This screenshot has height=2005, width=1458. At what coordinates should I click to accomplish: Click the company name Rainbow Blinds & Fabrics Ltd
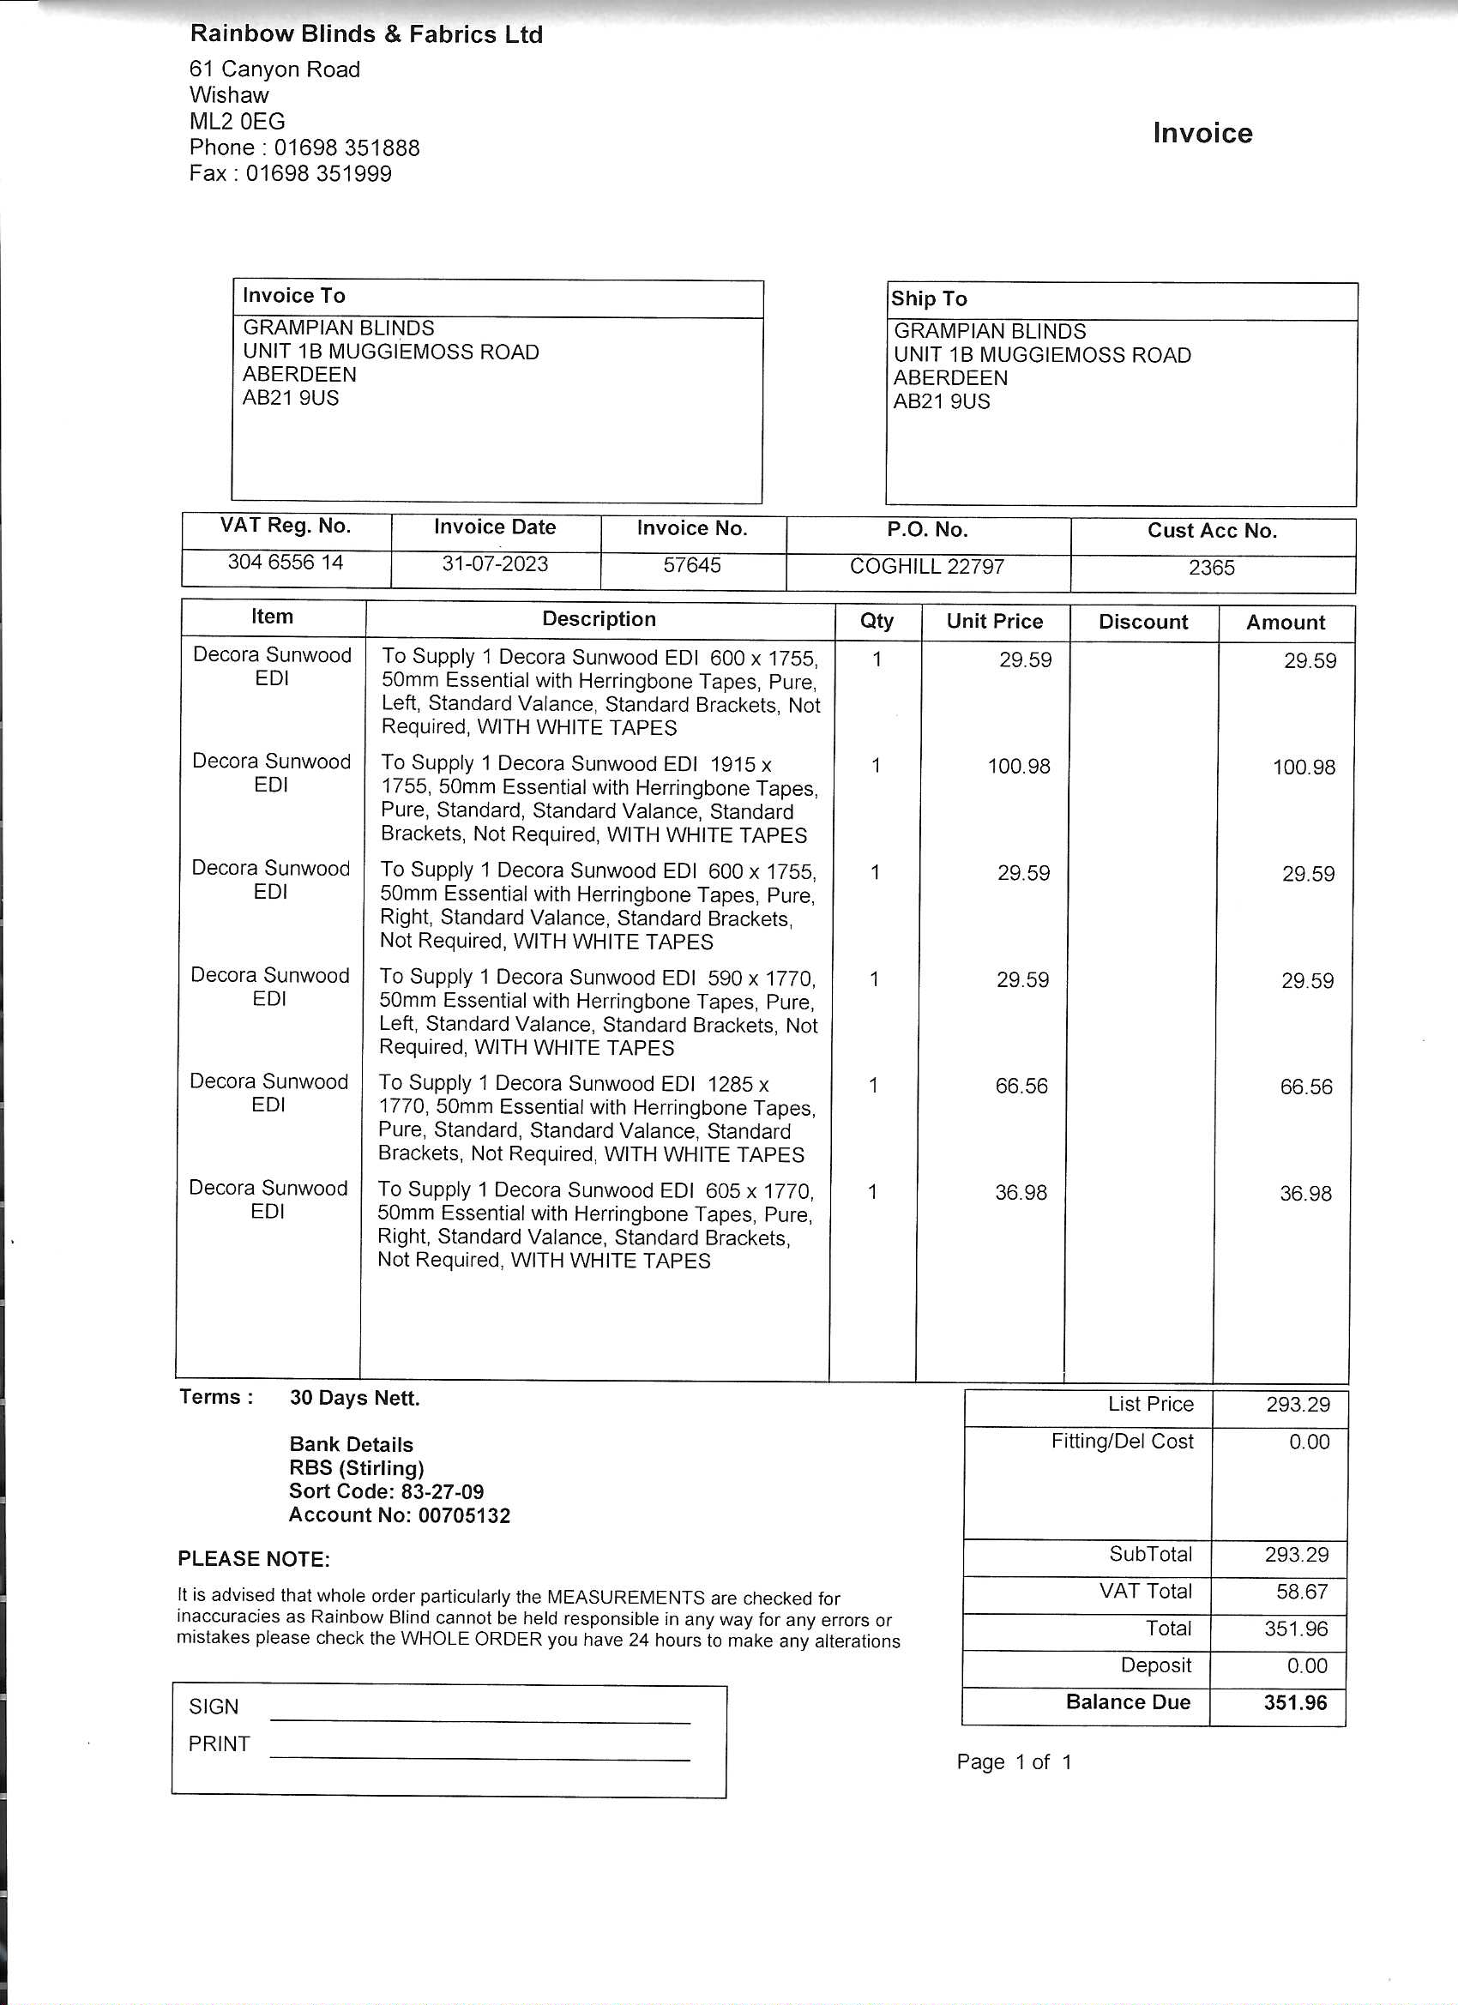pyautogui.click(x=366, y=34)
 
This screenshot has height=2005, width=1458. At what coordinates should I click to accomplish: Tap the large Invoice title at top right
pyautogui.click(x=1202, y=134)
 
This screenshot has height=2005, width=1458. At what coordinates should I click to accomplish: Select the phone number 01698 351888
pyautogui.click(x=346, y=148)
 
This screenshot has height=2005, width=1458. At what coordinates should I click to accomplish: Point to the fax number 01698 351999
pyautogui.click(x=318, y=173)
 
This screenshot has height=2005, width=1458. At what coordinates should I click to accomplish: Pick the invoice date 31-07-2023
pyautogui.click(x=495, y=564)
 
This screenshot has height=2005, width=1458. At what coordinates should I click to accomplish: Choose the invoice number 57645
pyautogui.click(x=692, y=565)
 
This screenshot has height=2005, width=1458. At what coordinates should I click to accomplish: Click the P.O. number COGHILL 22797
pyautogui.click(x=926, y=567)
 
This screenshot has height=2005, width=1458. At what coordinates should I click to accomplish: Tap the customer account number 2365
pyautogui.click(x=1210, y=568)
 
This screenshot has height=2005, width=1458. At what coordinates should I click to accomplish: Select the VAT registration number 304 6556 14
pyautogui.click(x=286, y=563)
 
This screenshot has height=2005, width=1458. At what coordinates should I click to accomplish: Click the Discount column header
pyautogui.click(x=1142, y=623)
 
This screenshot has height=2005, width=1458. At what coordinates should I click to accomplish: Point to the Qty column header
pyautogui.click(x=877, y=622)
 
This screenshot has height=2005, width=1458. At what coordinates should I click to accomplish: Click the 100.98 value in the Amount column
pyautogui.click(x=1304, y=768)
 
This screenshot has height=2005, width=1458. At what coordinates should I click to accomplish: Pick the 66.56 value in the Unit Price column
pyautogui.click(x=1021, y=1087)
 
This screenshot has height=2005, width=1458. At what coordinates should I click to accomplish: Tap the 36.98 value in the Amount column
pyautogui.click(x=1305, y=1194)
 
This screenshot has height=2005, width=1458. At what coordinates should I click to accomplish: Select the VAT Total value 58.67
pyautogui.click(x=1302, y=1593)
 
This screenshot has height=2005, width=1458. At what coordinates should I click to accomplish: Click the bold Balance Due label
pyautogui.click(x=1127, y=1702)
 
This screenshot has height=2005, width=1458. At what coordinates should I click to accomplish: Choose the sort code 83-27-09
pyautogui.click(x=442, y=1492)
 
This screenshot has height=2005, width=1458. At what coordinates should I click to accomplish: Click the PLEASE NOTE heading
pyautogui.click(x=254, y=1559)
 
